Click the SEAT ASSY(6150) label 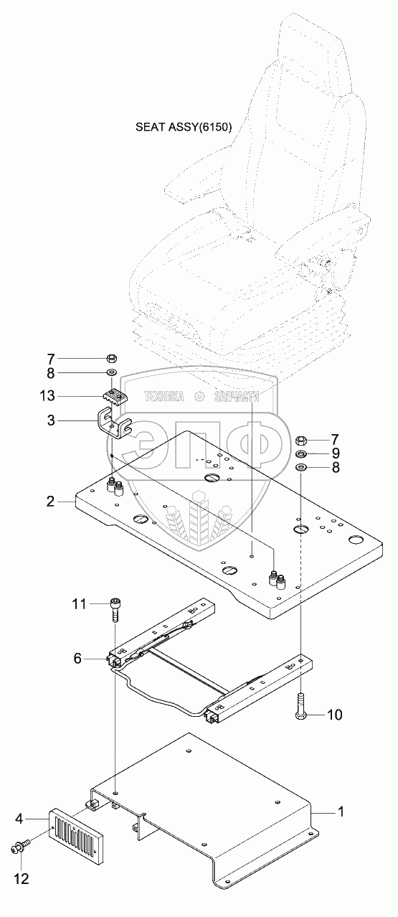[x=184, y=127]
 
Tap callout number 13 [x=47, y=396]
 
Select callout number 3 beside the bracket [x=51, y=420]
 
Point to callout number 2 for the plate [x=50, y=502]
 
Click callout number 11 [x=80, y=604]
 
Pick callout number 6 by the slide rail [x=77, y=659]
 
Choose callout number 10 [x=334, y=715]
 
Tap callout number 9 [x=336, y=453]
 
